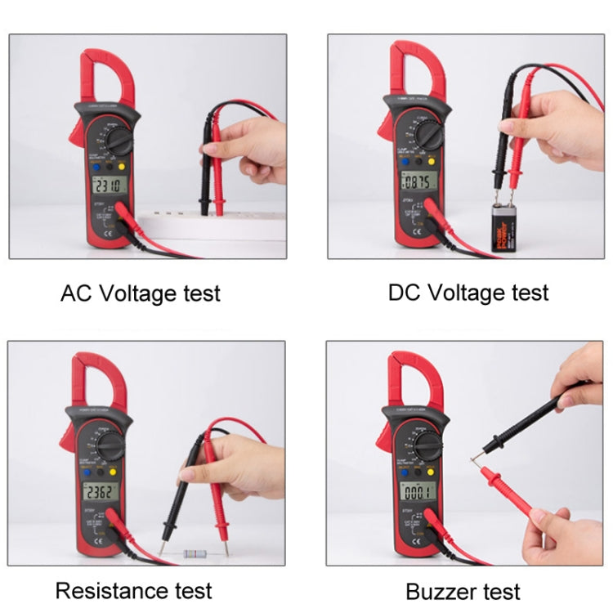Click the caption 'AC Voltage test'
141,293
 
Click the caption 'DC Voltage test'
468,292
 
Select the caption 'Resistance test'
133,590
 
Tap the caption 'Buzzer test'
463,591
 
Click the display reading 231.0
108,187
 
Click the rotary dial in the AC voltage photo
119,142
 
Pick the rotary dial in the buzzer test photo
427,445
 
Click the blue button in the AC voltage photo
96,166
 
